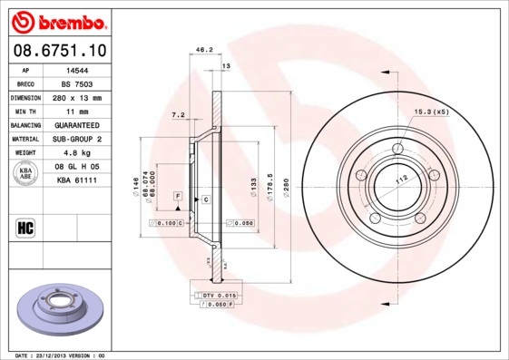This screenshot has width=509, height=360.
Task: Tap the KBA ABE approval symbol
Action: pos(25,174)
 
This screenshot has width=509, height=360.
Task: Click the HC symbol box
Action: pos(25,227)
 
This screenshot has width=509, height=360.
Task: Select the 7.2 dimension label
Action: pos(178,115)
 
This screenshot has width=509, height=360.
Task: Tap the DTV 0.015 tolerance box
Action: pos(219,296)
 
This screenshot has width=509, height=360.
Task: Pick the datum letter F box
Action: pos(178,197)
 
